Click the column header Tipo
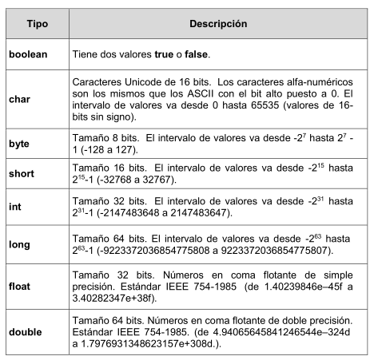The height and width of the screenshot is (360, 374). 38,26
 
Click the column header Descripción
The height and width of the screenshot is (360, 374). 217,26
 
